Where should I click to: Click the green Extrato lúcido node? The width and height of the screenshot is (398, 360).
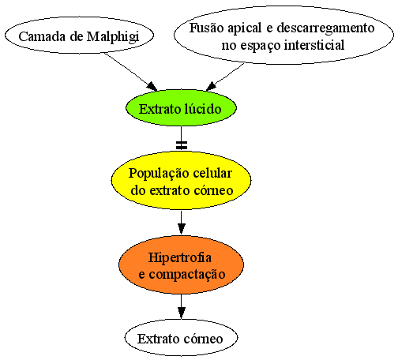[181, 108]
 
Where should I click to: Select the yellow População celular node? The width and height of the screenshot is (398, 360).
[181, 181]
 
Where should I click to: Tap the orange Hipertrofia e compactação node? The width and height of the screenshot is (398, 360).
[181, 264]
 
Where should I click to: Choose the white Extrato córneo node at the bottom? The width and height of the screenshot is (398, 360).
[181, 338]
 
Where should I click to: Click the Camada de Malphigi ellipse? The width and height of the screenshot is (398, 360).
[79, 36]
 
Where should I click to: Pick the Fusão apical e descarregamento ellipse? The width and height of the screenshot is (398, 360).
[283, 36]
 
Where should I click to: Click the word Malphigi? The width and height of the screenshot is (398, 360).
[113, 37]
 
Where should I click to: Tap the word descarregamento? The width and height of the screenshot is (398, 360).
[325, 28]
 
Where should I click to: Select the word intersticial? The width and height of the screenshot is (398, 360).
[314, 45]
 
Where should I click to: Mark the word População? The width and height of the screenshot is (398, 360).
[159, 174]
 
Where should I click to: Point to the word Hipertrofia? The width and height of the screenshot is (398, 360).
[180, 257]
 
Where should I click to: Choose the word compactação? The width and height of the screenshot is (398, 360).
[187, 275]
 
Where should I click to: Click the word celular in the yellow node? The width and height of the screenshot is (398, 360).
[212, 173]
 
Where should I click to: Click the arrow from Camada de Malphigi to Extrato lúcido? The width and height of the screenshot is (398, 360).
[131, 72]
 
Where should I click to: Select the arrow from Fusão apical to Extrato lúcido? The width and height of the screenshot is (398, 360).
[225, 77]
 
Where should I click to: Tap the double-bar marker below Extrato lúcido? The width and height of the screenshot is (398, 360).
[182, 145]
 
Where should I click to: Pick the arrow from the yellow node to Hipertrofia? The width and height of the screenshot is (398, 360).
[181, 223]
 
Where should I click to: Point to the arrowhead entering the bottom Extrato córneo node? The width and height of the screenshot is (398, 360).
[181, 313]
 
